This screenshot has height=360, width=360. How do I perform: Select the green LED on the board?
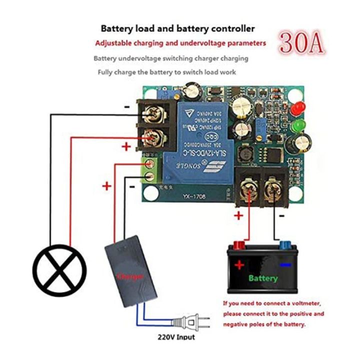297,124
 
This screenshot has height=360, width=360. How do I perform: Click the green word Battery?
263,278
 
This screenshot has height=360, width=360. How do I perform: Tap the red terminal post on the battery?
238,246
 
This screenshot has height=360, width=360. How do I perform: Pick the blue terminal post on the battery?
285,245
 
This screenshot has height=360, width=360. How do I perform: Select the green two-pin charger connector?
150,170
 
